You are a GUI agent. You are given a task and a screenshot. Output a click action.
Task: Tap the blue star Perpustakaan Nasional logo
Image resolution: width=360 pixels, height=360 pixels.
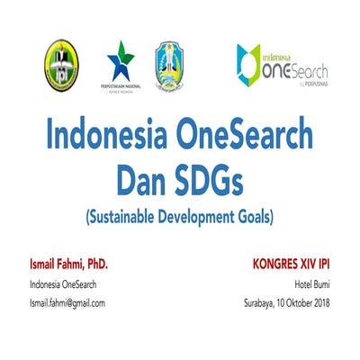[121, 66]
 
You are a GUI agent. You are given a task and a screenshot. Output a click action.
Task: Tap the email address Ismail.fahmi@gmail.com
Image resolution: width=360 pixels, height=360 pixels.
[67, 302]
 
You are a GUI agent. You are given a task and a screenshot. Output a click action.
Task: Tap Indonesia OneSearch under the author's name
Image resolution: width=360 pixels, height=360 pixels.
[63, 285]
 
